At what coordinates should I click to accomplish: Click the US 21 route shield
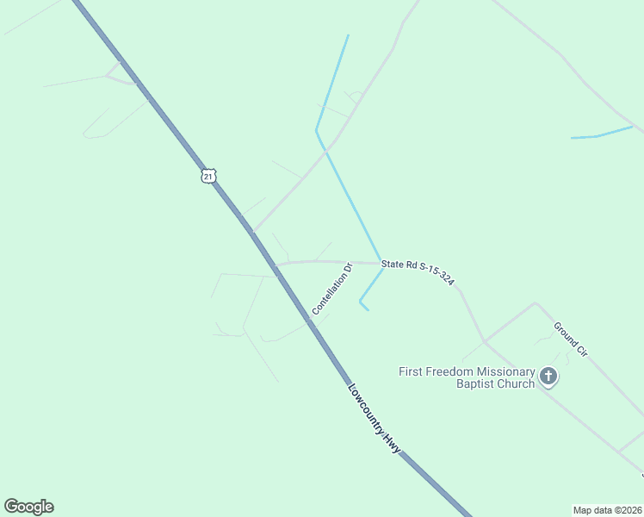(207, 176)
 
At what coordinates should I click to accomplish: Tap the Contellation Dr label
(333, 289)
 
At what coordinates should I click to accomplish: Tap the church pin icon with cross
(548, 376)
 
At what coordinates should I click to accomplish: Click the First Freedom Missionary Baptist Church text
(467, 377)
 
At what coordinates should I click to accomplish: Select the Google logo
(28, 507)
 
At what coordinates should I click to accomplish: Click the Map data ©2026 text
(608, 509)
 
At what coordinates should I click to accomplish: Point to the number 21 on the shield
(207, 176)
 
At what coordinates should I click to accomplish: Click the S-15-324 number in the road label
(435, 276)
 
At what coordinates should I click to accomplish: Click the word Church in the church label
(517, 383)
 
